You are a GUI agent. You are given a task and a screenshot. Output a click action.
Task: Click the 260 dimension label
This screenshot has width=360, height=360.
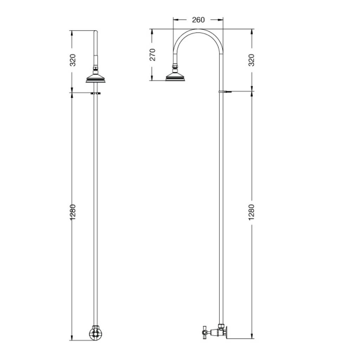click(198, 20)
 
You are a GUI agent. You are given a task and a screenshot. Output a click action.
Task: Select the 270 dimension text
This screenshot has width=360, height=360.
click(153, 54)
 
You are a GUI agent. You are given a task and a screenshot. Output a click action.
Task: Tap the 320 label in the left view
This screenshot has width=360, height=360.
click(72, 60)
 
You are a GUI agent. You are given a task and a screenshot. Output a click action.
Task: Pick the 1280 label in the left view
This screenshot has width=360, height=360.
click(72, 212)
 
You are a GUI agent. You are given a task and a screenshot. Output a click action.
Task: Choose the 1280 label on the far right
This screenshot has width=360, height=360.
click(252, 212)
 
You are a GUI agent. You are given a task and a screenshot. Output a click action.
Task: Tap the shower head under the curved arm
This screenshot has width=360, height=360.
click(175, 76)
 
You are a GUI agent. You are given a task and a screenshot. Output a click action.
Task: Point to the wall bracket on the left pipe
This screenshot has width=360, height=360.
click(96, 93)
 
